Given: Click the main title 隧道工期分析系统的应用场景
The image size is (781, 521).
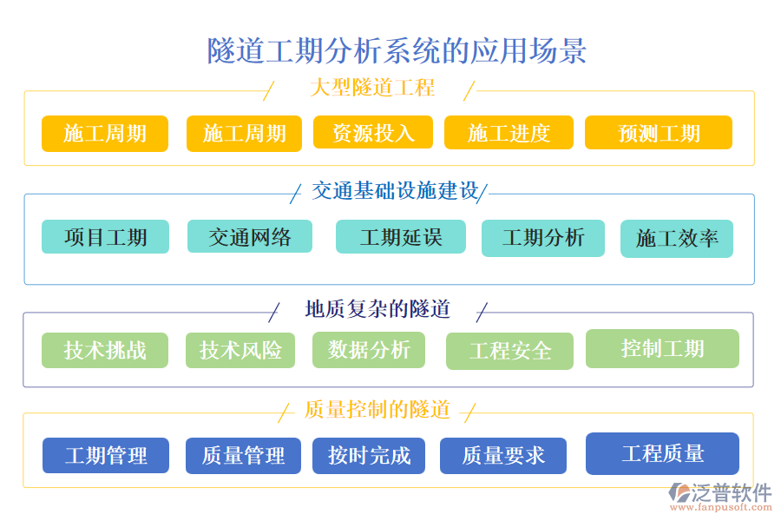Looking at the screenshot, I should coord(397,50).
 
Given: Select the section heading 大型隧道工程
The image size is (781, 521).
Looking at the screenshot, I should coord(371,88).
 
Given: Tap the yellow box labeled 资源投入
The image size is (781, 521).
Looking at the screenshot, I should coord(373,133).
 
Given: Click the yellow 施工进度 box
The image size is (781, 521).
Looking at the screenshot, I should coord(509,133).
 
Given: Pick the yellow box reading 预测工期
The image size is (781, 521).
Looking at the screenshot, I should coord(658,133).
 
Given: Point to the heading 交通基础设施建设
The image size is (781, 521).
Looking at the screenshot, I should coord(395,191).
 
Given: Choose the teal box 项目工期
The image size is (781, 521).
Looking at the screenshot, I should coord(105,237).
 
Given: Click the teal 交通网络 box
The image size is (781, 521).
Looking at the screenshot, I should coord(250,236).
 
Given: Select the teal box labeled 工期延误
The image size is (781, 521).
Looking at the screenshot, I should coord(400,237).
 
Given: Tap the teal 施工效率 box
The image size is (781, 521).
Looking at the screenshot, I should coord(676,239).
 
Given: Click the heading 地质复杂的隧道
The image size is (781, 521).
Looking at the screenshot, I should coord(377,309).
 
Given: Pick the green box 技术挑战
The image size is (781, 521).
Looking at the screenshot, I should coord(105,351).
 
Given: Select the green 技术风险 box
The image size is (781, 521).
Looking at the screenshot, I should coord(240,350).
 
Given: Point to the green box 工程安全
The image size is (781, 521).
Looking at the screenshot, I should coord(509,351).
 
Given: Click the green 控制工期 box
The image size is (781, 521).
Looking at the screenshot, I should coord(662,349).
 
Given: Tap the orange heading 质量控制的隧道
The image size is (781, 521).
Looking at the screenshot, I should coord(377,409).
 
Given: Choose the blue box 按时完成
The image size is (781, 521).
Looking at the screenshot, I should coord(369,455).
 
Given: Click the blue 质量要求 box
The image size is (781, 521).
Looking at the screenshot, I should coord(503,455).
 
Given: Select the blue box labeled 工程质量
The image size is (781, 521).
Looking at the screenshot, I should coord(662,453).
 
